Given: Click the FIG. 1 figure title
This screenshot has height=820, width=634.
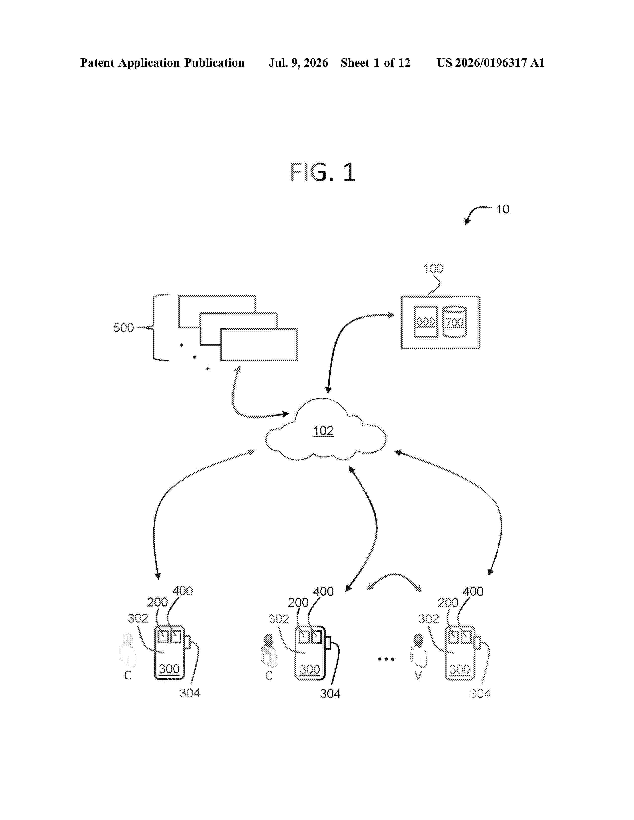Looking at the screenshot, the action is pyautogui.click(x=322, y=172).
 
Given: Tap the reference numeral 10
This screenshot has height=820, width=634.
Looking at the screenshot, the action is pyautogui.click(x=503, y=209).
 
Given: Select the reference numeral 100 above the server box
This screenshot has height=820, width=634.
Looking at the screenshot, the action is pyautogui.click(x=433, y=268).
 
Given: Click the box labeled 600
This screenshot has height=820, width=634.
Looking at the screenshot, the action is pyautogui.click(x=426, y=322).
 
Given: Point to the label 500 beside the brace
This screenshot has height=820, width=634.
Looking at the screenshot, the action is pyautogui.click(x=124, y=328).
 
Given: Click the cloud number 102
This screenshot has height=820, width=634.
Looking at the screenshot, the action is pyautogui.click(x=323, y=431).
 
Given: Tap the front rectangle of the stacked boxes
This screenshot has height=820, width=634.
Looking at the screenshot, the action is pyautogui.click(x=259, y=345).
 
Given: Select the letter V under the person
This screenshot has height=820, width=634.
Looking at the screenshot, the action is pyautogui.click(x=418, y=676).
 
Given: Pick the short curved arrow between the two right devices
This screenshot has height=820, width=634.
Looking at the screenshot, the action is pyautogui.click(x=394, y=574).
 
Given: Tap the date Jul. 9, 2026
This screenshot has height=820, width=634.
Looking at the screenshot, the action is pyautogui.click(x=298, y=63).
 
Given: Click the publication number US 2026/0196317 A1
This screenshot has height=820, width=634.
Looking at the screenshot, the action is pyautogui.click(x=491, y=63).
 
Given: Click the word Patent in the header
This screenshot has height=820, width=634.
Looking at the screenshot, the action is pyautogui.click(x=97, y=63).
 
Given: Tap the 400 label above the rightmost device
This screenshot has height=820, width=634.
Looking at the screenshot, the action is pyautogui.click(x=473, y=592).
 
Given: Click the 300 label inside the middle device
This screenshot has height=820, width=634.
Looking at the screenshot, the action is pyautogui.click(x=310, y=669).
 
